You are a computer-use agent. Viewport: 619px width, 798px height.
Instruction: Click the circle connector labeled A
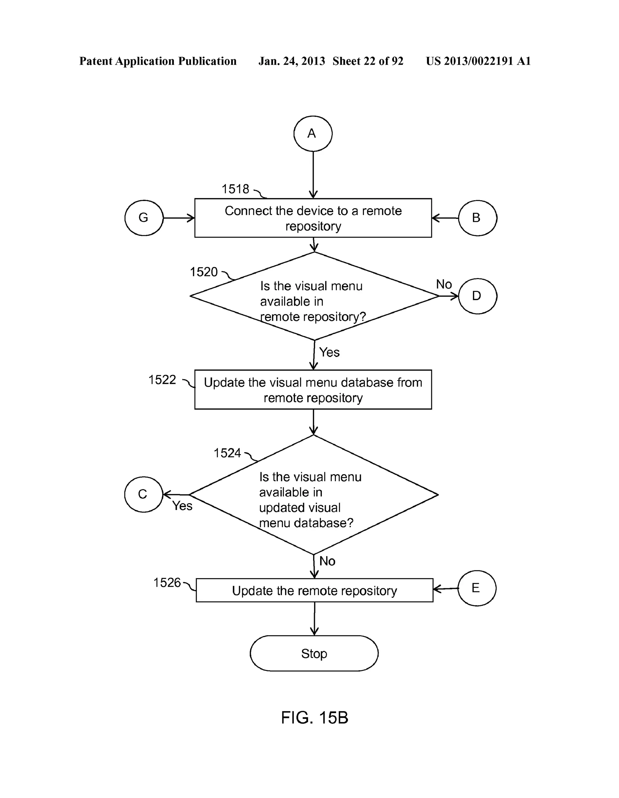coord(313,133)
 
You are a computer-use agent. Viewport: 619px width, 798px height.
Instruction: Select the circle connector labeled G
coord(144,218)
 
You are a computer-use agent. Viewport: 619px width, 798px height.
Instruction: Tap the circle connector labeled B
coord(477,218)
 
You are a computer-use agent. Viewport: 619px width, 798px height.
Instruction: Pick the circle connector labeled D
coord(477,296)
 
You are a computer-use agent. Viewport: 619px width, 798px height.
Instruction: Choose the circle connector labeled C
coord(143,494)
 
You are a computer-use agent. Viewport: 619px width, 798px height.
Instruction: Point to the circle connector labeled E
coord(477,588)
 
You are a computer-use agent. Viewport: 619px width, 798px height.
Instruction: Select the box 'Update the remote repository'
coord(314,590)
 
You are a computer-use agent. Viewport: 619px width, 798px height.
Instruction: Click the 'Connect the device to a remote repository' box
coord(313,218)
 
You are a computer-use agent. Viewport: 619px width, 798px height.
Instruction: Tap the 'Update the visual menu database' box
coord(313,390)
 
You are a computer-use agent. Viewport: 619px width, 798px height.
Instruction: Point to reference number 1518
coord(235,189)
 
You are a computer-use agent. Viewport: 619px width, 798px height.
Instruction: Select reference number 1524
coord(227,453)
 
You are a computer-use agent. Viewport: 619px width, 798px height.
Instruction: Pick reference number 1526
coord(167,582)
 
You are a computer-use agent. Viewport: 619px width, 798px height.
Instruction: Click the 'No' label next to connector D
coord(444,284)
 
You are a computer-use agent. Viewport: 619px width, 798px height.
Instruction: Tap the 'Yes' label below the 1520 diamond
coord(329,352)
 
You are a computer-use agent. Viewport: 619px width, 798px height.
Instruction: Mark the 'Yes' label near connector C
coord(182,506)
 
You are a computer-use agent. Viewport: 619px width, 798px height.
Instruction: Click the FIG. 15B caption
coord(314,718)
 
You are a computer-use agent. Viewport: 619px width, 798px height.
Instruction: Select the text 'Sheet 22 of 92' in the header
coord(368,61)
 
